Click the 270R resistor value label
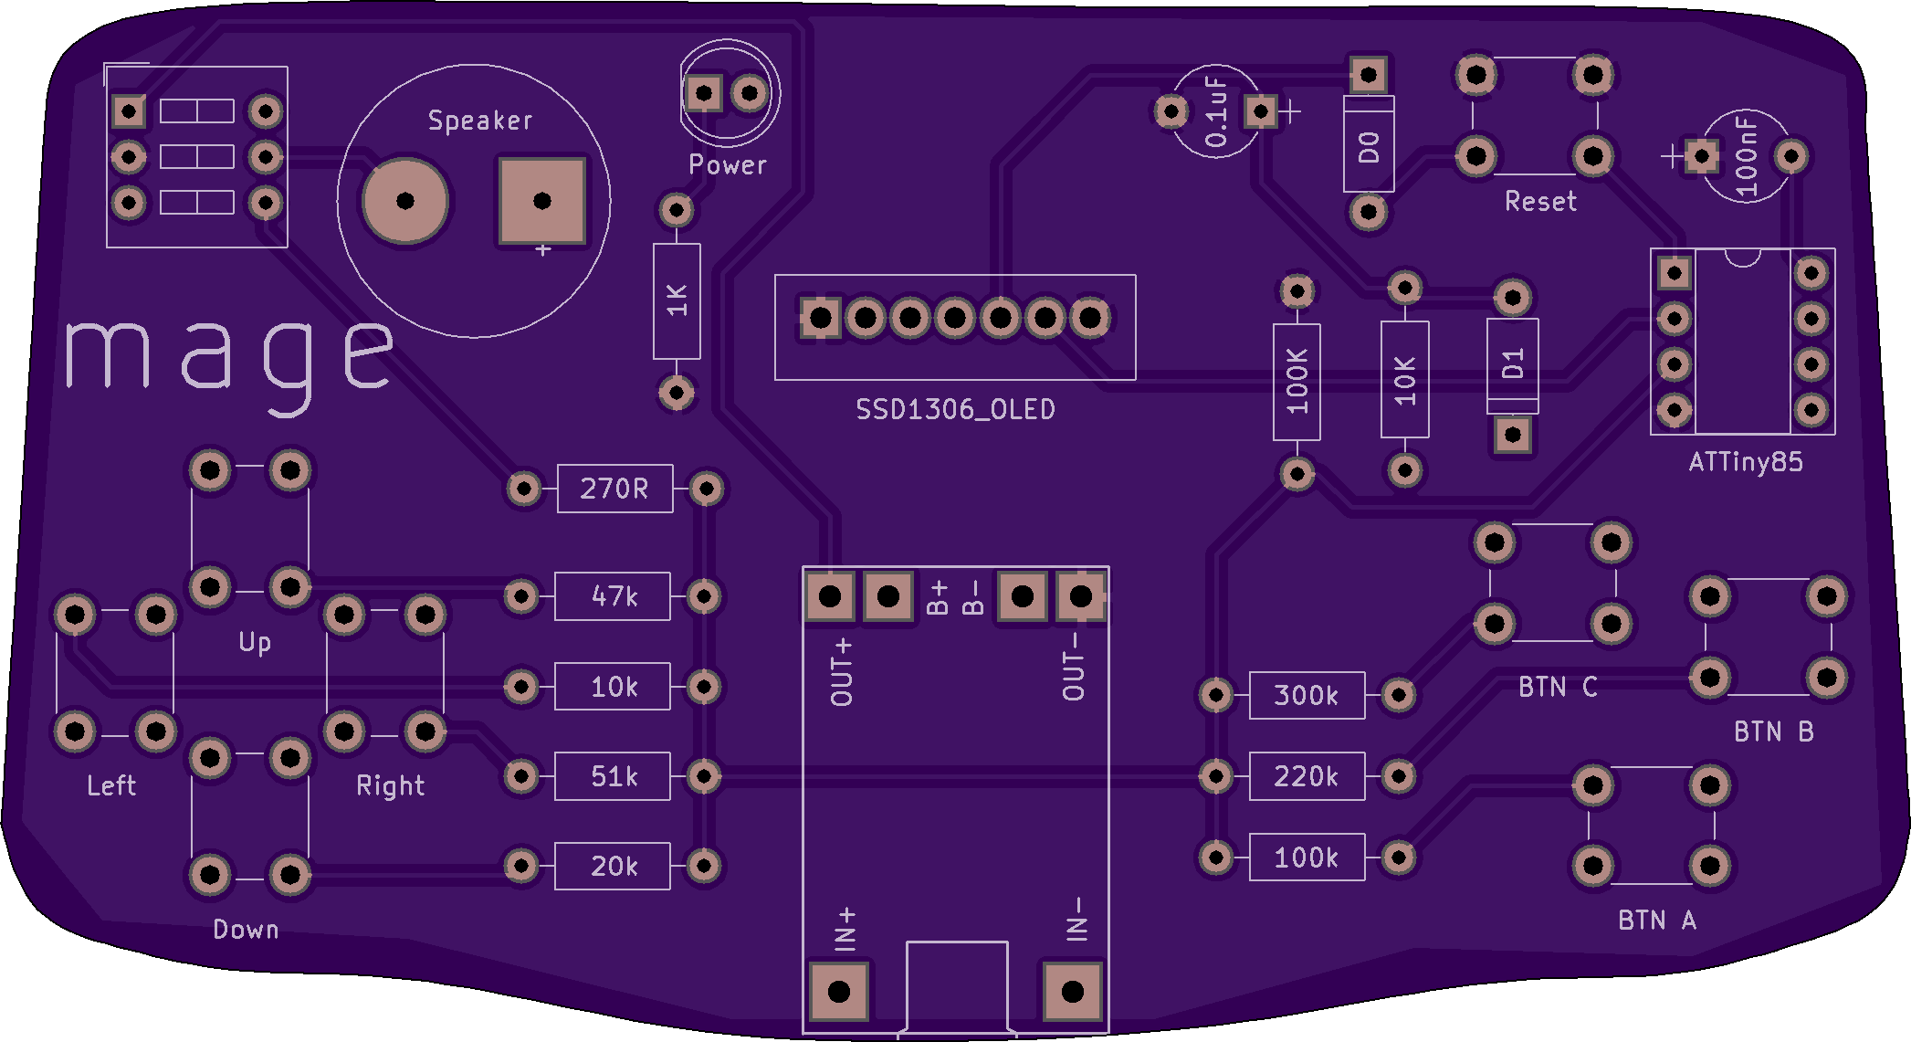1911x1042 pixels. coord(614,489)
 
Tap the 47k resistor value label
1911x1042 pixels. coord(614,597)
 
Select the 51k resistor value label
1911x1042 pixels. coord(614,777)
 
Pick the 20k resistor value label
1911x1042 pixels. coord(614,867)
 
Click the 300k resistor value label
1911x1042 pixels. coord(1306,696)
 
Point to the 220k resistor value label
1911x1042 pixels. coord(1306,777)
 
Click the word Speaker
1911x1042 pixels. coord(480,121)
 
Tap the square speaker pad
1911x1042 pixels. coord(541,201)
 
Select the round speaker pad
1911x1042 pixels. coord(405,201)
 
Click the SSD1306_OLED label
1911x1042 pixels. coord(955,410)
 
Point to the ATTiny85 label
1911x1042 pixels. coord(1745,462)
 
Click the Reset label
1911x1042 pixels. coord(1540,202)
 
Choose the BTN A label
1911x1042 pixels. coord(1656,921)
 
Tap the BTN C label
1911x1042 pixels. coord(1557,687)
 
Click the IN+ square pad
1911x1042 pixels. coord(838,992)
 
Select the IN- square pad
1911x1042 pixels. coord(1073,992)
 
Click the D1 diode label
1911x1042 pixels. coord(1513,364)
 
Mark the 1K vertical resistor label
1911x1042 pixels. coord(677,300)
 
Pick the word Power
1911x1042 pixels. coord(727,165)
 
